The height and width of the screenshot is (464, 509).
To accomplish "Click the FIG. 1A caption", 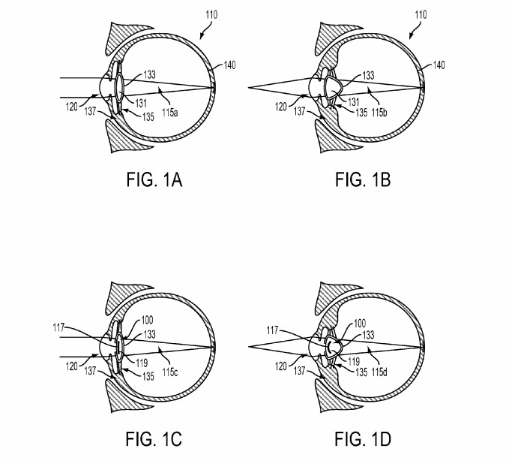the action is coord(154,179).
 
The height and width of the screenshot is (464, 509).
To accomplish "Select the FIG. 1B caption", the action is coord(363,179).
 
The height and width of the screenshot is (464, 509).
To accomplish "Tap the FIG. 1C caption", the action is coord(154,439).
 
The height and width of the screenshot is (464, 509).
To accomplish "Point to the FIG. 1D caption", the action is coord(363,439).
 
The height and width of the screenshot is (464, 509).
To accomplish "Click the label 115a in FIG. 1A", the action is coord(170,113).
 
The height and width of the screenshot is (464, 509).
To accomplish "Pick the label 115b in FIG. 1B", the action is coord(379,113).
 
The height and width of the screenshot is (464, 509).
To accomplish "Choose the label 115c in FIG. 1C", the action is coord(170,372).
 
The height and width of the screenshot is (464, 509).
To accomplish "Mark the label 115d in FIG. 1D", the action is coord(379,372).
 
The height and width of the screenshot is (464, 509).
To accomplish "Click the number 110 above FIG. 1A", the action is coord(211,14).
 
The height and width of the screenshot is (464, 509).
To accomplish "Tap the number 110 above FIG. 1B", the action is coord(421,14).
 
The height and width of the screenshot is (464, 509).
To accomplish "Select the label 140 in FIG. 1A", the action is coord(229,65).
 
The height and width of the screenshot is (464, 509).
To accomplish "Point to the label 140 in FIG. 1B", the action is coord(439,65).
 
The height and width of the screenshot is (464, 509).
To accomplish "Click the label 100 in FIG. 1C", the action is coord(147,321).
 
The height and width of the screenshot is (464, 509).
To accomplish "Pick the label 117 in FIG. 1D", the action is coord(272,330).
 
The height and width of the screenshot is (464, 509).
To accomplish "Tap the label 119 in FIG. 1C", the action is coord(142,363).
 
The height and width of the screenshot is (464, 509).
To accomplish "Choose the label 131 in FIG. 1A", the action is coord(141,104).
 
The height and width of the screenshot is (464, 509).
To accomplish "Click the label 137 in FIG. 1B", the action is coord(300,112).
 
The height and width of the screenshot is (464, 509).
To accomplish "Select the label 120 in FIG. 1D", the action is coord(281,366).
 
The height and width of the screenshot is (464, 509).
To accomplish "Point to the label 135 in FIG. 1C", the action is coord(148,376).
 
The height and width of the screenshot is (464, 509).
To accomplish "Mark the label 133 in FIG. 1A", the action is coord(149,75).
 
